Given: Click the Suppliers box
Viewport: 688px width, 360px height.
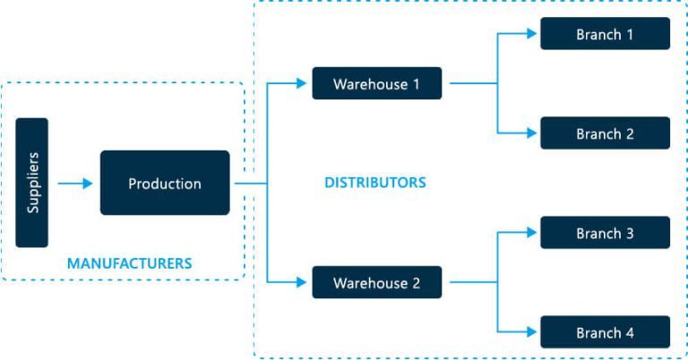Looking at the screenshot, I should pyautogui.click(x=31, y=183).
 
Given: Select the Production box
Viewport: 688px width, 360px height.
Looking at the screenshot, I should pyautogui.click(x=165, y=183).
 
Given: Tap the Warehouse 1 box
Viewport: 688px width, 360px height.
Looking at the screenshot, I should pyautogui.click(x=376, y=83).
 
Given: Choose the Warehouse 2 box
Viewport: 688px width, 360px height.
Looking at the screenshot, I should pyautogui.click(x=376, y=283).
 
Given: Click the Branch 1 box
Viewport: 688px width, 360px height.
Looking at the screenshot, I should pyautogui.click(x=605, y=34).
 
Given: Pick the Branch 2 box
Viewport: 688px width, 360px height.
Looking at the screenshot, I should pyautogui.click(x=605, y=133).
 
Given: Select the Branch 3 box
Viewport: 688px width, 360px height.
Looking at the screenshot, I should pyautogui.click(x=605, y=233).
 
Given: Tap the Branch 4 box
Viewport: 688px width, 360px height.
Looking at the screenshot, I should pyautogui.click(x=605, y=332).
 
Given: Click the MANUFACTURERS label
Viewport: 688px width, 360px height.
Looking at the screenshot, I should pyautogui.click(x=129, y=263).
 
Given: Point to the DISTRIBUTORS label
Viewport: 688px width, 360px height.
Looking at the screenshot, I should pyautogui.click(x=374, y=183).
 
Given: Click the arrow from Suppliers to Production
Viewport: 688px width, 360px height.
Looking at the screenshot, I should pyautogui.click(x=75, y=184).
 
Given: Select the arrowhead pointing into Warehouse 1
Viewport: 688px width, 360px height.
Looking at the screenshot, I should pyautogui.click(x=301, y=83).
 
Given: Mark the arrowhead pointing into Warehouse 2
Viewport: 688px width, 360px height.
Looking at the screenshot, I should pyautogui.click(x=301, y=283).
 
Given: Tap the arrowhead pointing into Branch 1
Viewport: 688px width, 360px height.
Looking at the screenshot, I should pyautogui.click(x=530, y=34).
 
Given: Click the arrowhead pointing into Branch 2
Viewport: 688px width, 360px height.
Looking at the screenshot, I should pyautogui.click(x=530, y=133).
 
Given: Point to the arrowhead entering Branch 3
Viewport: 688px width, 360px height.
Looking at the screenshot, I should pyautogui.click(x=530, y=233).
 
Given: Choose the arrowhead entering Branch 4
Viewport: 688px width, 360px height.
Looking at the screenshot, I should pyautogui.click(x=530, y=332).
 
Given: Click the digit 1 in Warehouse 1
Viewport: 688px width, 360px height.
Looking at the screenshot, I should pyautogui.click(x=415, y=84).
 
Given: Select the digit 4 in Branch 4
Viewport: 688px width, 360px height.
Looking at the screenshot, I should pyautogui.click(x=630, y=333).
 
